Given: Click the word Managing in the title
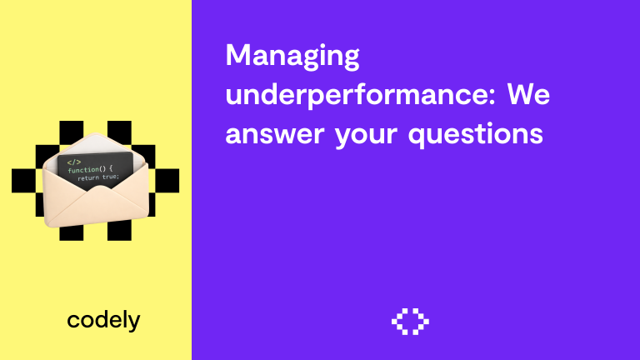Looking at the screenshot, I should pos(292,57).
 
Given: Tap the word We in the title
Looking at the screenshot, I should pos(529,95).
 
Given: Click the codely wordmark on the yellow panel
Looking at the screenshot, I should pos(103,319).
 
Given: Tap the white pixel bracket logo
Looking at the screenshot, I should pos(410,321).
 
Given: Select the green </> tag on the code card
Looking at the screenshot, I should pos(74,161).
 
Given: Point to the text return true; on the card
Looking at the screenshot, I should pos(98,177).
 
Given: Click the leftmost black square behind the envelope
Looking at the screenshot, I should pos(22,180).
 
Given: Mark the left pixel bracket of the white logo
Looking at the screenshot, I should pos(398,321).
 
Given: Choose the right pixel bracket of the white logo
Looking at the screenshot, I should pos(422,321).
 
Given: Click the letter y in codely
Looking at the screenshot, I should pos(134,322).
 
